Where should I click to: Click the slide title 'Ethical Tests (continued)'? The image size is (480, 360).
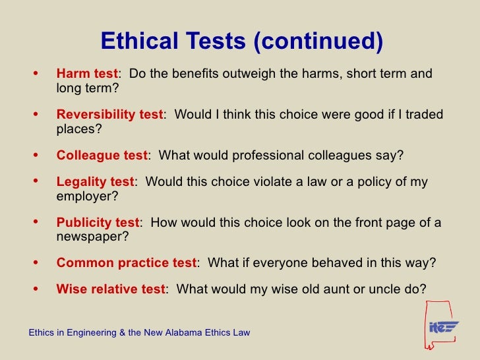point(241,42)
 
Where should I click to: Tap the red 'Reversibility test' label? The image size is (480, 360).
point(109,115)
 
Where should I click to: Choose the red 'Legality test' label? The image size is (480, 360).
point(95,182)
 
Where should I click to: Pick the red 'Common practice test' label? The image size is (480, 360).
point(126,262)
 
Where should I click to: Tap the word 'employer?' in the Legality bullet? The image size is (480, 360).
point(84,196)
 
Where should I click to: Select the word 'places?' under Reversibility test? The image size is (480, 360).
point(79,129)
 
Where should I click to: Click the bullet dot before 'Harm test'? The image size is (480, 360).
point(34,73)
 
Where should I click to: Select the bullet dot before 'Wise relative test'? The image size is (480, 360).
point(34,288)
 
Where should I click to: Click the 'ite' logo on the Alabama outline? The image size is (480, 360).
point(443,326)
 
